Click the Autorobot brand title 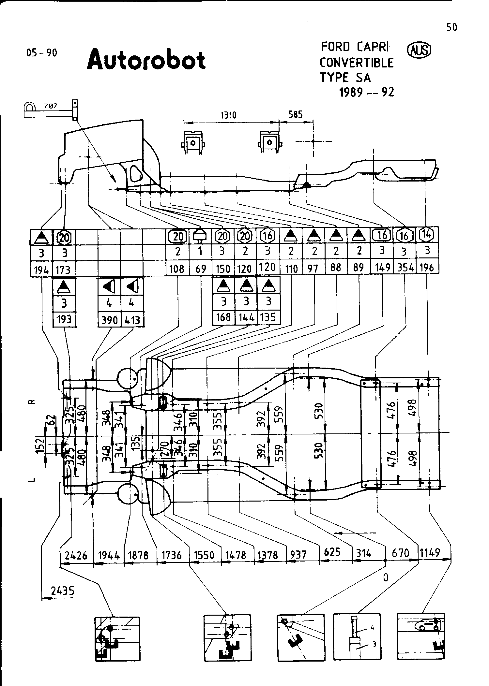146,60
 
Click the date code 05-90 42,53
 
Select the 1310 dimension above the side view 228,115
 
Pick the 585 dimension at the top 296,114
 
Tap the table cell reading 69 200,269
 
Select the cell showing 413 132,320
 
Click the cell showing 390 109,320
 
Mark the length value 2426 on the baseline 76,555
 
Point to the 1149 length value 430,552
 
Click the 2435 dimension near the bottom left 63,591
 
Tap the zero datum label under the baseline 386,577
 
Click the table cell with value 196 427,268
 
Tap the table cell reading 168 223,317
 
